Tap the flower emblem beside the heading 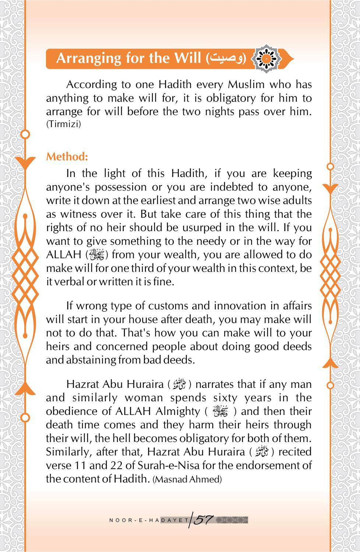click(267, 58)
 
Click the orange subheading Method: click(67, 157)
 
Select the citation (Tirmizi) click(63, 124)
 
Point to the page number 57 click(204, 520)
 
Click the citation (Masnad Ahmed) click(187, 479)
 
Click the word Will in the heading click(189, 58)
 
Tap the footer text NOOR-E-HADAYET click(149, 520)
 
